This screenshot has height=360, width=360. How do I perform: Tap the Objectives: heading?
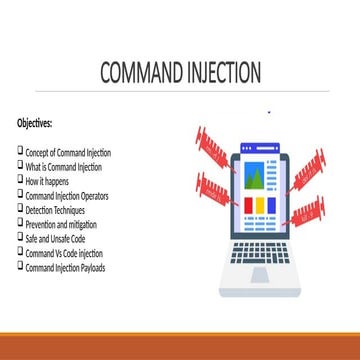[35, 123]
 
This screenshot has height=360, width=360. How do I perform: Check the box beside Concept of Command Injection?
[20, 151]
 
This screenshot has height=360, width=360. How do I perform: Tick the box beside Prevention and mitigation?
[20, 223]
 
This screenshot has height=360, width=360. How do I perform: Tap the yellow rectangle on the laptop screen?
[256, 205]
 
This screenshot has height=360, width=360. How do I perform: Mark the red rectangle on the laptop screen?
[270, 205]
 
